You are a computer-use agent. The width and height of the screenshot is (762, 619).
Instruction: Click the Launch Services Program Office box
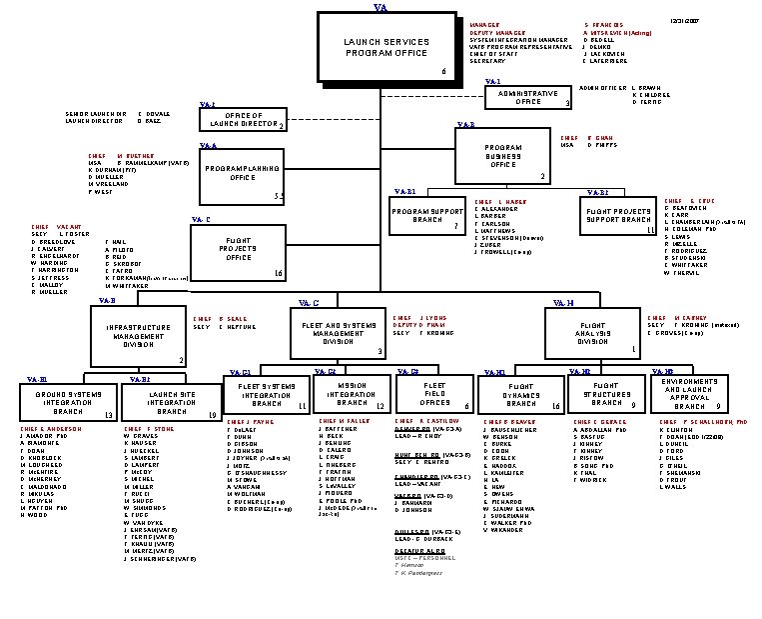(x=385, y=48)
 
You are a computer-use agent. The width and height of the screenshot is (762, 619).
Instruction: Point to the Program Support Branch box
(x=427, y=216)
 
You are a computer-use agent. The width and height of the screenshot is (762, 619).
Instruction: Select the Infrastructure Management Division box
(x=139, y=337)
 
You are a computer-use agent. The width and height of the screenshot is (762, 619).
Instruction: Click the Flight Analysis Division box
(x=592, y=332)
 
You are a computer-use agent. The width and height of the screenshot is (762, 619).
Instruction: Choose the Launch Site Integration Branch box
(x=173, y=402)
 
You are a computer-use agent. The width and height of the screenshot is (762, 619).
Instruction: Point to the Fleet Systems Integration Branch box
(x=268, y=395)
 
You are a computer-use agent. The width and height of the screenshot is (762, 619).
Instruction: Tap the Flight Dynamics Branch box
(x=521, y=394)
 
